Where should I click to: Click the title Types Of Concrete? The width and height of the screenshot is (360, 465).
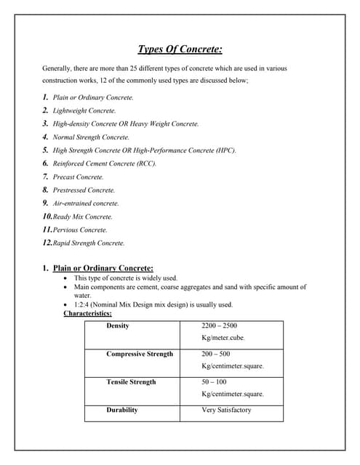[180, 49]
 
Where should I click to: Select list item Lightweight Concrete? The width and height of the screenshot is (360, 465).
[84, 110]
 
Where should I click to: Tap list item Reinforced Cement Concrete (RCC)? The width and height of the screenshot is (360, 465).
[104, 163]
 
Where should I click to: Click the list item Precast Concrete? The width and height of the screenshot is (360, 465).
[78, 177]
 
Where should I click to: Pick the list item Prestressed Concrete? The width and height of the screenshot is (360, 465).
[84, 190]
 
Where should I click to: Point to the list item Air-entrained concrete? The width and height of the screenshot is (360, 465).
[86, 203]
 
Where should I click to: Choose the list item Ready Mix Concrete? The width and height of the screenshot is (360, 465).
[83, 217]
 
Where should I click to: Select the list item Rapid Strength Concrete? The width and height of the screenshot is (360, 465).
[89, 243]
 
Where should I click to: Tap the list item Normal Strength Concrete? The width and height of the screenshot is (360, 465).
[91, 137]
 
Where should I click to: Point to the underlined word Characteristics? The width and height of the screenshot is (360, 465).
[87, 313]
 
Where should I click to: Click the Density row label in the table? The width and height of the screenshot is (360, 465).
[118, 325]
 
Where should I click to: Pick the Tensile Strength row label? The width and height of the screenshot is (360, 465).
[131, 381]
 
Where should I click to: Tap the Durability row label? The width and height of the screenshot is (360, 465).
[122, 410]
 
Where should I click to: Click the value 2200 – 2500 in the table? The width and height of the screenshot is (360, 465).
[219, 325]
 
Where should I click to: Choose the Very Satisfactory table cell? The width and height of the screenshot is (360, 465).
[226, 410]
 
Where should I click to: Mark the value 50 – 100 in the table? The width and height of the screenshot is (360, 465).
[214, 381]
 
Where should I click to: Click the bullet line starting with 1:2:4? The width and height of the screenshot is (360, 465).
[153, 304]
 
